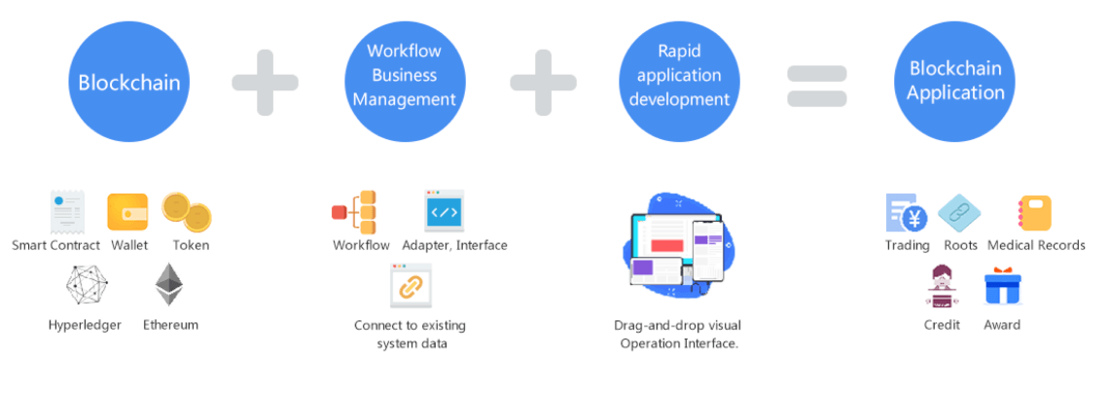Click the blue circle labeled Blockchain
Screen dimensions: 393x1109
coord(128,82)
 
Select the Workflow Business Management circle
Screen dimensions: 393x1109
coord(404,76)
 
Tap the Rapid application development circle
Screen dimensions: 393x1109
coord(679,76)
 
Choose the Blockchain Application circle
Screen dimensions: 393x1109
coord(955,81)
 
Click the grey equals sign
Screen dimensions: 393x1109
coord(816,86)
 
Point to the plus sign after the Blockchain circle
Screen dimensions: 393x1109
coord(265,82)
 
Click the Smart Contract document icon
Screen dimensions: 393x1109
coord(67,211)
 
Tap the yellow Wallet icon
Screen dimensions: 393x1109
coord(127,212)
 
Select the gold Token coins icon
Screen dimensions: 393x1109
coord(187,212)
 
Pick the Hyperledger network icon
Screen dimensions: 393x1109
coord(86,286)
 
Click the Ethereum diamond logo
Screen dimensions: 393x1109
coord(169,285)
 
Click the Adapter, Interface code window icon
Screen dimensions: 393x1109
coord(445,210)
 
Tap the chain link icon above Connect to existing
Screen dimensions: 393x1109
coord(411,286)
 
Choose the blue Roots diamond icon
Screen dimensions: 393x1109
coord(959,212)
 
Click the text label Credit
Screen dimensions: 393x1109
coord(942,325)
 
